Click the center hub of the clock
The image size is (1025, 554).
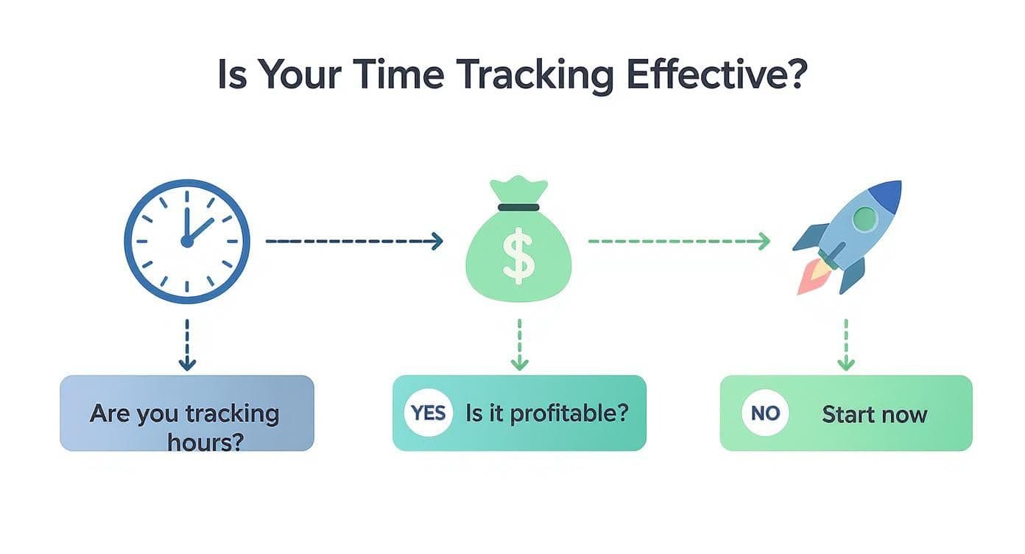[187, 241]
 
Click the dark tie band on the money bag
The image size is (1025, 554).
[518, 207]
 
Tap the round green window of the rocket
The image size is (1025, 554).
[864, 218]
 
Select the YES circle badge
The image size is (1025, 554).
[429, 413]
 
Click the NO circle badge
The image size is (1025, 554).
[765, 413]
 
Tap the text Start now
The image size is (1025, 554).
[874, 414]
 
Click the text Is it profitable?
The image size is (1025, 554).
[547, 413]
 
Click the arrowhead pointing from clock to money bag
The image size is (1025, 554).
[437, 241]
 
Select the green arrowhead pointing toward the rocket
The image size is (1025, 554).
[764, 241]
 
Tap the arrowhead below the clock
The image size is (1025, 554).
[187, 363]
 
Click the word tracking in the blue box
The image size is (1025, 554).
[231, 413]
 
